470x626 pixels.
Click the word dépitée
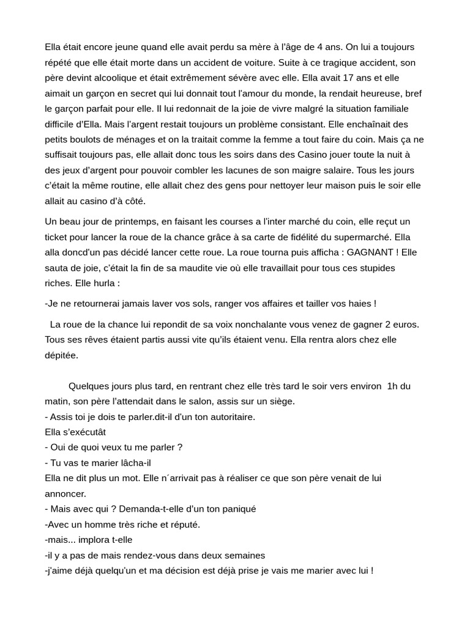click(62, 355)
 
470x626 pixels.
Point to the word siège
click(280, 401)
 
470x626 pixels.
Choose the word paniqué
click(236, 509)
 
